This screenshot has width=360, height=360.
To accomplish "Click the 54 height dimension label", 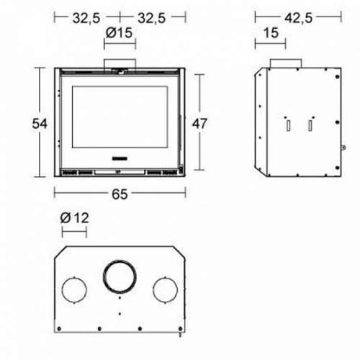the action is point(40,124).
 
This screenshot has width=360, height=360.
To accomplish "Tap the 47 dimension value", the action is point(199,124).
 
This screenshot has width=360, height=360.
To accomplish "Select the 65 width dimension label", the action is point(120,194).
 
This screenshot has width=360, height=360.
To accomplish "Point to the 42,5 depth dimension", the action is point(298,18).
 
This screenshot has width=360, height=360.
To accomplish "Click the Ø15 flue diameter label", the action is point(119,32).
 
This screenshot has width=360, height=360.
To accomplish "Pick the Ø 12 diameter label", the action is point(75,218).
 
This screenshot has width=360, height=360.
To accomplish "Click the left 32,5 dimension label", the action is point(86,18).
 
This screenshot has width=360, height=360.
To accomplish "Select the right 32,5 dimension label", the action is point(151,18).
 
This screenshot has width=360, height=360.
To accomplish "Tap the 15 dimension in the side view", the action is point(271,33).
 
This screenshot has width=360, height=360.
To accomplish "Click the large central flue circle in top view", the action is point(120,261).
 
